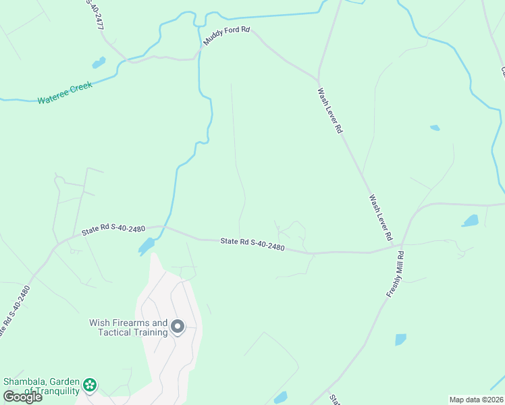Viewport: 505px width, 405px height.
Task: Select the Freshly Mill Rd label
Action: (x=395, y=275)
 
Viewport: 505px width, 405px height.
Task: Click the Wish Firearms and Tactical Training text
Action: (x=128, y=327)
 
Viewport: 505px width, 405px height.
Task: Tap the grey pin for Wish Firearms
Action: (x=178, y=327)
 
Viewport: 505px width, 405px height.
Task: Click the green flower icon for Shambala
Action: (x=90, y=385)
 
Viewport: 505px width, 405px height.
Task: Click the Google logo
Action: (x=22, y=396)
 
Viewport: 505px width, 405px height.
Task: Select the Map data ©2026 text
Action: (x=475, y=400)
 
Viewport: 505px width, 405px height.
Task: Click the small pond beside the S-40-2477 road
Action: (x=99, y=63)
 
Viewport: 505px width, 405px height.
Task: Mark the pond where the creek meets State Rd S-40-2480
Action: (x=147, y=246)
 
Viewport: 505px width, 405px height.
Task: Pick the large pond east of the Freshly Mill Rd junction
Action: (x=470, y=221)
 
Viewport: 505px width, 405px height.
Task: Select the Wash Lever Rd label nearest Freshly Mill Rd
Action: (x=381, y=218)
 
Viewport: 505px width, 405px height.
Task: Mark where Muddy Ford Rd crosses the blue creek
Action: (x=201, y=48)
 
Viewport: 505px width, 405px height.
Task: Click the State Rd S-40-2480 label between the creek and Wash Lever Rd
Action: (x=252, y=244)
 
